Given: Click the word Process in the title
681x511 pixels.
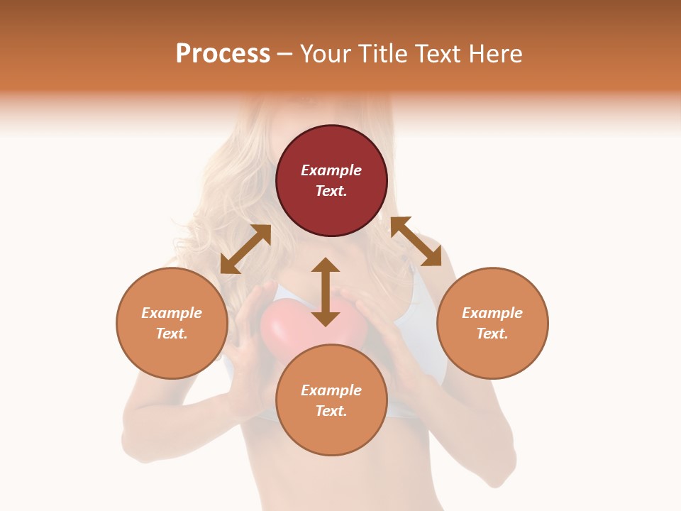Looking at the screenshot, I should pyautogui.click(x=223, y=54).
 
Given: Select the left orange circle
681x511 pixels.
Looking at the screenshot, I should pyautogui.click(x=172, y=355).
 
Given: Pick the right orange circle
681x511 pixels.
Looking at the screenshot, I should pyautogui.click(x=492, y=355).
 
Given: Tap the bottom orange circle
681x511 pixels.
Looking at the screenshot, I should pyautogui.click(x=331, y=433).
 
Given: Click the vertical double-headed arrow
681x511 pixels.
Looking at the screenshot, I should pyautogui.click(x=326, y=292).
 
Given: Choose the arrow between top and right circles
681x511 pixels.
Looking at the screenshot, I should pyautogui.click(x=416, y=241).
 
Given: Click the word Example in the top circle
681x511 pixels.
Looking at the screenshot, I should pyautogui.click(x=331, y=170).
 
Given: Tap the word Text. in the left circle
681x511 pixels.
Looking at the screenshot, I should pyautogui.click(x=172, y=334).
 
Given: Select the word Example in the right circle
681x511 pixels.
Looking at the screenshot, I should pyautogui.click(x=492, y=313).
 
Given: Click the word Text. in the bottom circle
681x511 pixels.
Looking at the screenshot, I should pyautogui.click(x=331, y=411).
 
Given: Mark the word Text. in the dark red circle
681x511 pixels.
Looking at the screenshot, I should pyautogui.click(x=331, y=191).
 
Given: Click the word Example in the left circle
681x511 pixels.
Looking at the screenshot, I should pyautogui.click(x=172, y=313).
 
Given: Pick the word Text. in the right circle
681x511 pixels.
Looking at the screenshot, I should pyautogui.click(x=492, y=334).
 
